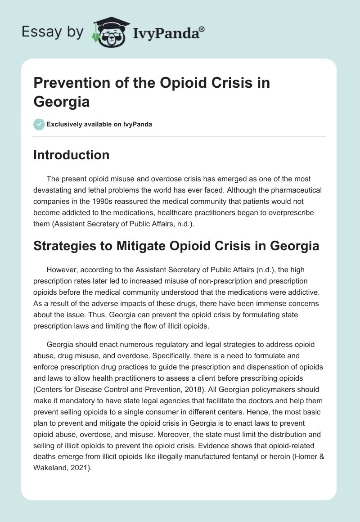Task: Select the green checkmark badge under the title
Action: point(39,124)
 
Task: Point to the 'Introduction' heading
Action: point(72,155)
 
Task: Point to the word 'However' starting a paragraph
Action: point(61,270)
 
